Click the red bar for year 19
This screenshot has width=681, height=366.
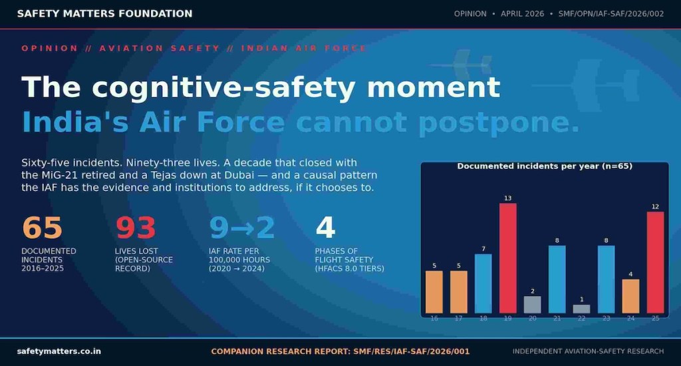pyautogui.click(x=507, y=258)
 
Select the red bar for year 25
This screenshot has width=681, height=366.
pyautogui.click(x=655, y=263)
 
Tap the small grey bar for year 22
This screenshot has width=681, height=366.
pyautogui.click(x=581, y=309)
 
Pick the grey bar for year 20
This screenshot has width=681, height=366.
pyautogui.click(x=533, y=305)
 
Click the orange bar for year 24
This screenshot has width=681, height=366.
pyautogui.click(x=630, y=296)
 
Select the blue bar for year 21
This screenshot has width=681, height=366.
pyautogui.click(x=557, y=279)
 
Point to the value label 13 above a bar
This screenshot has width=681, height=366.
pyautogui.click(x=507, y=198)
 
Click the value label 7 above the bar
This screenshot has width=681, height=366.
pyautogui.click(x=483, y=249)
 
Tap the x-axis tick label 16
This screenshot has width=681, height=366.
pyautogui.click(x=434, y=319)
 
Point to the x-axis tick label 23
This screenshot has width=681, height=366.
pyautogui.click(x=607, y=319)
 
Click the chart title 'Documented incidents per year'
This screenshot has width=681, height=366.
pyautogui.click(x=527, y=166)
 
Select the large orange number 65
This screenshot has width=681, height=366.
pyautogui.click(x=42, y=228)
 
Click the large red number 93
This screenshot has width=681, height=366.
pyautogui.click(x=136, y=228)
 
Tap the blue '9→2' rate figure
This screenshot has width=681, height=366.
pyautogui.click(x=241, y=228)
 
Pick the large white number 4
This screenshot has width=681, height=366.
pyautogui.click(x=325, y=228)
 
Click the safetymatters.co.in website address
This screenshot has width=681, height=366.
pyautogui.click(x=59, y=351)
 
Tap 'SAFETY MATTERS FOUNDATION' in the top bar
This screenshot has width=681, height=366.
pyautogui.click(x=104, y=13)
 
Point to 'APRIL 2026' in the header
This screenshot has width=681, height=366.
pyautogui.click(x=522, y=14)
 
